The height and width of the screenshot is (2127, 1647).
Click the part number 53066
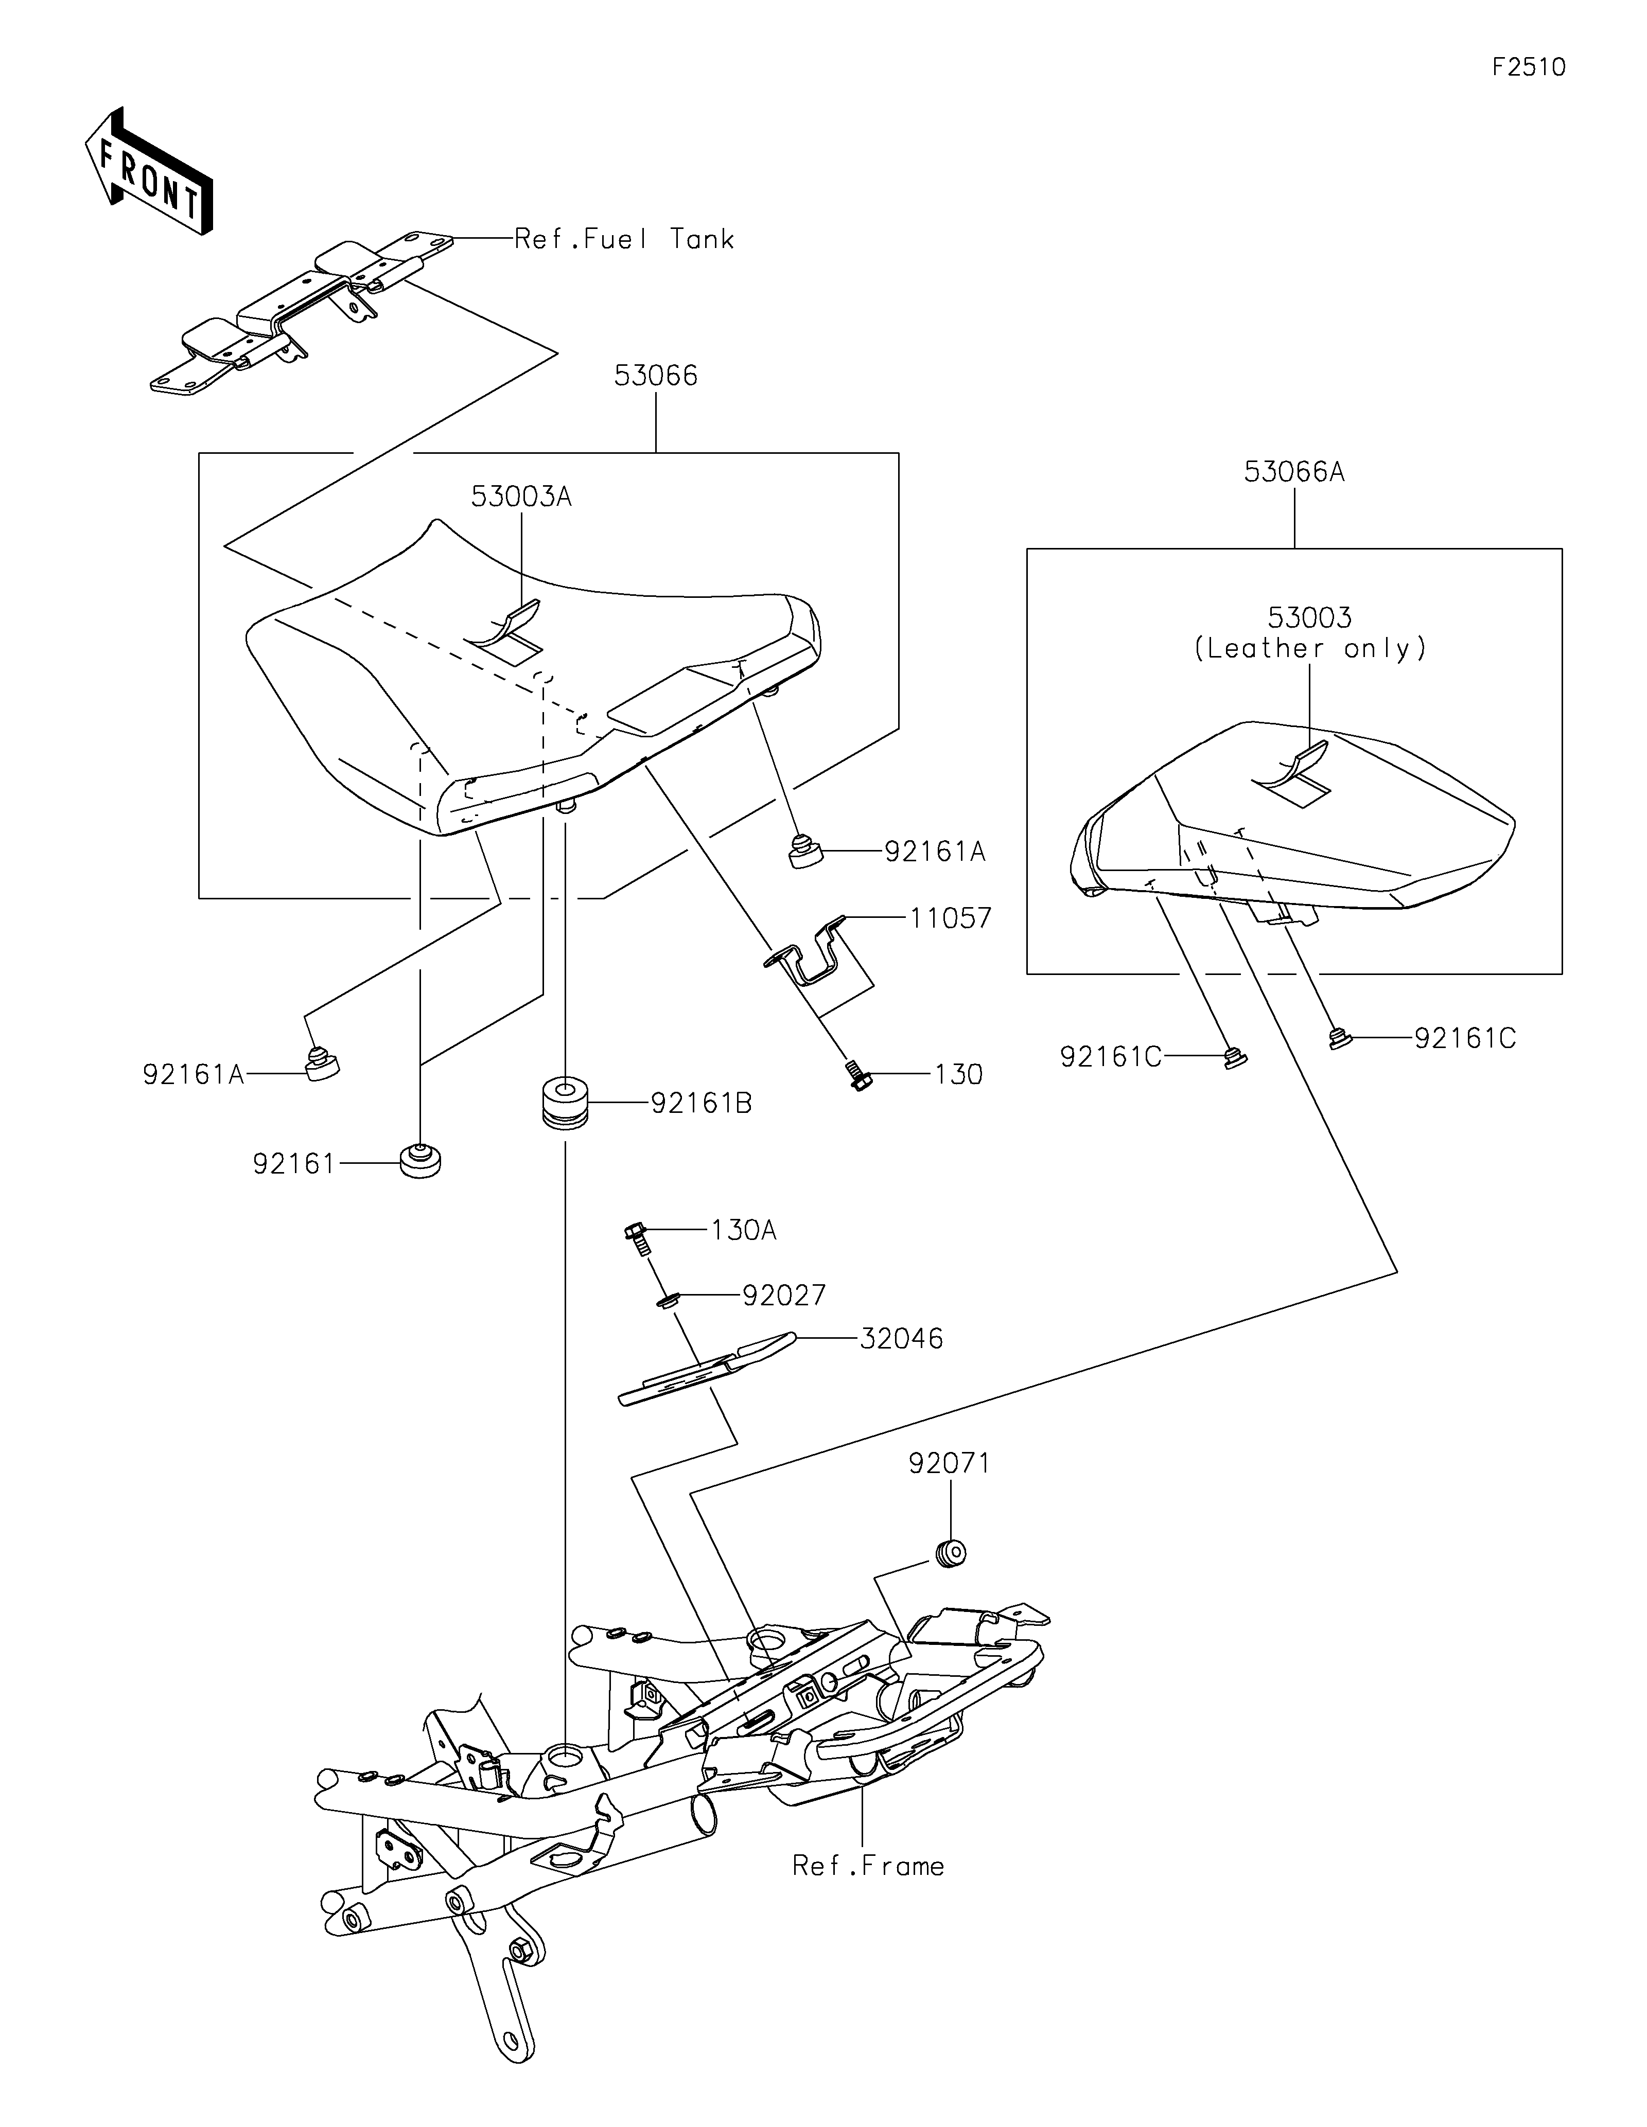pos(656,376)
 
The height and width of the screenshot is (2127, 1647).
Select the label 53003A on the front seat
pos(521,497)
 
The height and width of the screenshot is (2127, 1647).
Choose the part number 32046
pos(901,1339)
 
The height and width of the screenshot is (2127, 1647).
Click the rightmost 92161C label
pos(1465,1038)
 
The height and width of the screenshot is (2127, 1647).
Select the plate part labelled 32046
pos(708,1369)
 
